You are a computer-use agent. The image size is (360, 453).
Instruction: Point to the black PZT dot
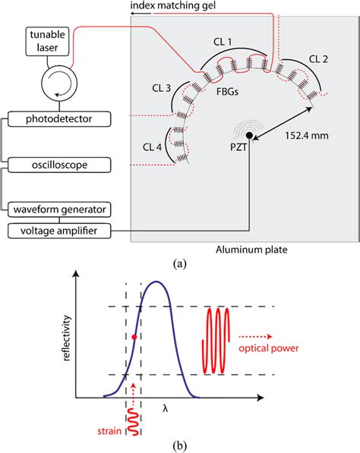click(248, 145)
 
